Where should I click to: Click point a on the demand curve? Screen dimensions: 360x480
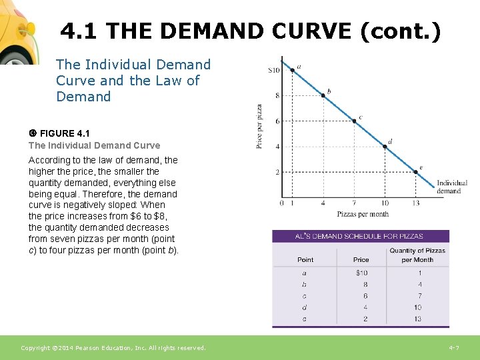pos(292,70)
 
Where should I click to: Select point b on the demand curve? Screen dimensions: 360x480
pos(323,95)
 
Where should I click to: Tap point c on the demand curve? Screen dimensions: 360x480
pos(354,121)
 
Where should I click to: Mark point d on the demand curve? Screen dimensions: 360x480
pos(385,147)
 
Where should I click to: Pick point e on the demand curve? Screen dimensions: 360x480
pos(415,172)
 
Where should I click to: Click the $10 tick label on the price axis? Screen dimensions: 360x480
pos(273,70)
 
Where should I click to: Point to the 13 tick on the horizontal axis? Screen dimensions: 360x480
pos(415,203)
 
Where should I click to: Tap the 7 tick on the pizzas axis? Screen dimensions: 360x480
pos(354,203)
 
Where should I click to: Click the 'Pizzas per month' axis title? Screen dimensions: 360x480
pos(363,214)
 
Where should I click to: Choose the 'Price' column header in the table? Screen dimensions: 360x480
pos(361,259)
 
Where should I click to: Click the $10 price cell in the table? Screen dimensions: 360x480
pos(361,273)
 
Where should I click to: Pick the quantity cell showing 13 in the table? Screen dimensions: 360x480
pos(417,319)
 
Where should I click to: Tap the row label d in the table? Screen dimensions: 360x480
pos(305,307)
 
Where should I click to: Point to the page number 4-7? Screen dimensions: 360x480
pos(454,348)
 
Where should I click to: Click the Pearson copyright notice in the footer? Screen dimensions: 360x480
pos(113,348)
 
